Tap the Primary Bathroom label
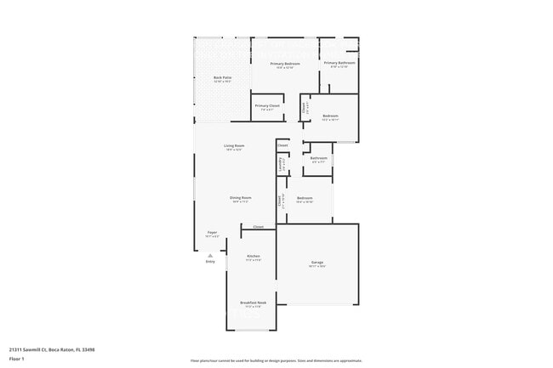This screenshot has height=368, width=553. coord(339,63)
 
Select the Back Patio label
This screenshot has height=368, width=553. coord(222,77)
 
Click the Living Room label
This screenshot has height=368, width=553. coord(235,146)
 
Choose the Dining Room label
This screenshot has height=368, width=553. coord(241,198)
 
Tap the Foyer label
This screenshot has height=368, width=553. coord(212,232)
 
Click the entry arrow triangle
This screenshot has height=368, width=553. coord(210,254)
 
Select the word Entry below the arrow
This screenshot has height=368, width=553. coord(210,262)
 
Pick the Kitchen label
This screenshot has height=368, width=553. coord(253,256)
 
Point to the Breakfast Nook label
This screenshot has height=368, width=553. coord(254,303)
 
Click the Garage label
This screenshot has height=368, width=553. coord(316,263)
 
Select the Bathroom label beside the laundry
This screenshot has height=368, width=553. coord(318,158)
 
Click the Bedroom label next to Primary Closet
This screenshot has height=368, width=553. coord(330,116)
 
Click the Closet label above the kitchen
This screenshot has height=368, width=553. coord(258,227)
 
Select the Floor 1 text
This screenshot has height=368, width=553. coord(17,359)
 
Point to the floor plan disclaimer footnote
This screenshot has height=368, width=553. coord(276,360)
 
